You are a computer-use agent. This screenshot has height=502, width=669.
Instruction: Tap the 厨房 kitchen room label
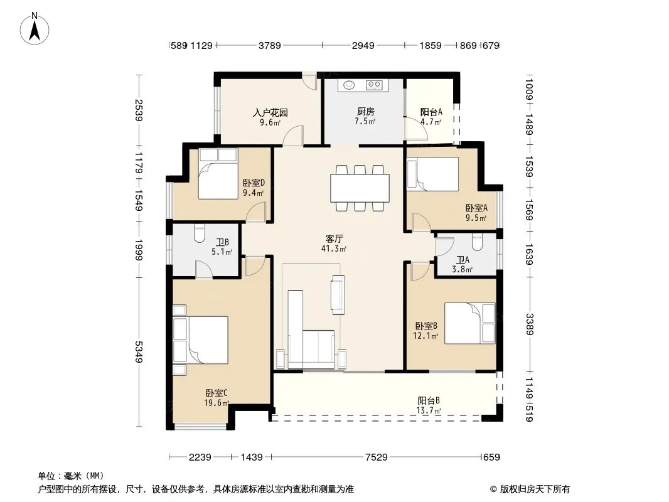coord(366,111)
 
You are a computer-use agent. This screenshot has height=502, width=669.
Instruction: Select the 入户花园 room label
coord(270,112)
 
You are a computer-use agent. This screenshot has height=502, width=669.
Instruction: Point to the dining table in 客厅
coord(360,188)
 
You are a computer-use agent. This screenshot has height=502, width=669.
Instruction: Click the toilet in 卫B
coord(200,233)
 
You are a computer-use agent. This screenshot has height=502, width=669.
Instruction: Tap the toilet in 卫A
coord(478,242)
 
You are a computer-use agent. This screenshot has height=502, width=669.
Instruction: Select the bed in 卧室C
coord(201,339)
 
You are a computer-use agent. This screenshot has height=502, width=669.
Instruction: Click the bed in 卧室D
coord(218,174)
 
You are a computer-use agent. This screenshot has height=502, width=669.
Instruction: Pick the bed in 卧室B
coord(470,323)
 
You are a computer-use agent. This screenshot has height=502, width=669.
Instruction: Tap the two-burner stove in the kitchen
coord(374,85)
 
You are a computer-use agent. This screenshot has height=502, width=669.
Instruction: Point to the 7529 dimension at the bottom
coord(377,457)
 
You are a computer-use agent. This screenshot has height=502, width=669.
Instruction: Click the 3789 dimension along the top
coord(270,45)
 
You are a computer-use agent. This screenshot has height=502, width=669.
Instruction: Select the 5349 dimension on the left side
coord(139,352)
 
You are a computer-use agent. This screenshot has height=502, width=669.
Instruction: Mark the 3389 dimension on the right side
coord(530,324)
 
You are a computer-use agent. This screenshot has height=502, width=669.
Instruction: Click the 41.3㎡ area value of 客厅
coord(334,248)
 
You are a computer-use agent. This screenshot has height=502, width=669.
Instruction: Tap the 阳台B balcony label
coord(429,401)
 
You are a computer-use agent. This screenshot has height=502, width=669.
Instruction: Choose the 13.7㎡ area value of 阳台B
coord(429,411)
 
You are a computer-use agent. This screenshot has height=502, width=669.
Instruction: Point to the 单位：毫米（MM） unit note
coord(71,476)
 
